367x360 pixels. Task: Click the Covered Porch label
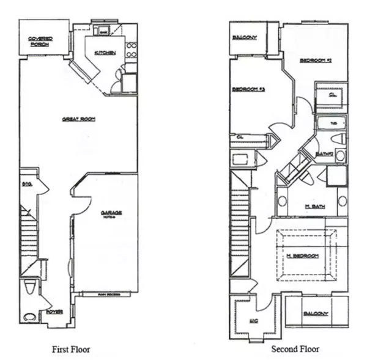click(x=40, y=42)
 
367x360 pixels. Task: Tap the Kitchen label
click(x=105, y=53)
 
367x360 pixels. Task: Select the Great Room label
click(x=77, y=119)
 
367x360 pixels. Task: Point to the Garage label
click(x=111, y=214)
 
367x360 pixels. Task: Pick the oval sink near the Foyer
click(x=29, y=317)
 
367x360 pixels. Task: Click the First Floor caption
click(x=71, y=350)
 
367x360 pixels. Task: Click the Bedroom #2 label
click(x=315, y=61)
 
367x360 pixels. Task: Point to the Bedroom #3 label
click(x=248, y=90)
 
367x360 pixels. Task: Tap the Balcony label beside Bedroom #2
click(x=245, y=38)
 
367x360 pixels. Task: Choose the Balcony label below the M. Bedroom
click(x=316, y=314)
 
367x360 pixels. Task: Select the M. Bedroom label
click(x=304, y=255)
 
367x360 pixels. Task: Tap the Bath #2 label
click(x=324, y=153)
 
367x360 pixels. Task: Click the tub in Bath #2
click(x=330, y=125)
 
